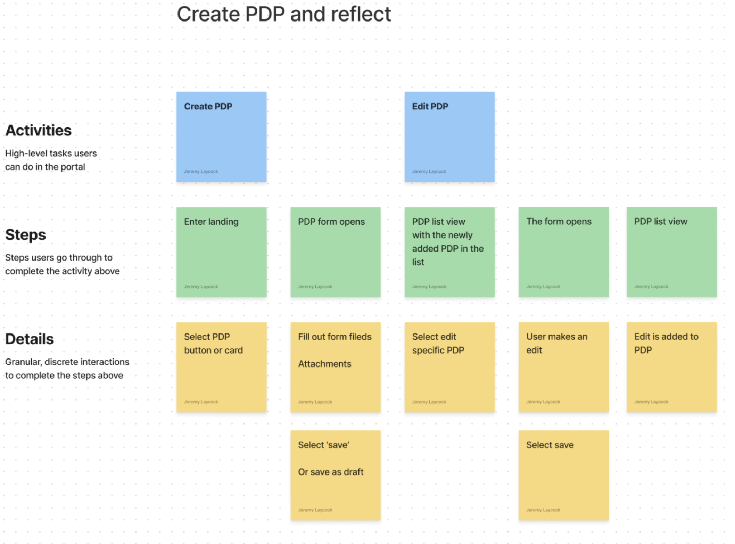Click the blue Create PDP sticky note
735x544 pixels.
[221, 137]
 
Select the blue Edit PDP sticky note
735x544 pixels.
[449, 137]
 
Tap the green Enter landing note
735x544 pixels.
[221, 252]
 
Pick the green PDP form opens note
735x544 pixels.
[336, 252]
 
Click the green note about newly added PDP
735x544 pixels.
[449, 252]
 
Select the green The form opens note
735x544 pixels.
[563, 252]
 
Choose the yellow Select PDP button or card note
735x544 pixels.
[221, 367]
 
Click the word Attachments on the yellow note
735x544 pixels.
[324, 364]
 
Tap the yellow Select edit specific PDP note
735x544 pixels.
[449, 367]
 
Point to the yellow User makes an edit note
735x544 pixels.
[563, 367]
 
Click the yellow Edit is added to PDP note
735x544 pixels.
[671, 367]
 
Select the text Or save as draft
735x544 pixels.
[331, 472]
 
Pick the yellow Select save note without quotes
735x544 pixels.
[563, 475]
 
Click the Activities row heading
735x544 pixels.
[38, 130]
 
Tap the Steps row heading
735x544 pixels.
[25, 235]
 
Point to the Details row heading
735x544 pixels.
[30, 339]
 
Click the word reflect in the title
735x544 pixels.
[361, 14]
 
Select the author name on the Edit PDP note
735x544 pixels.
[429, 171]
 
